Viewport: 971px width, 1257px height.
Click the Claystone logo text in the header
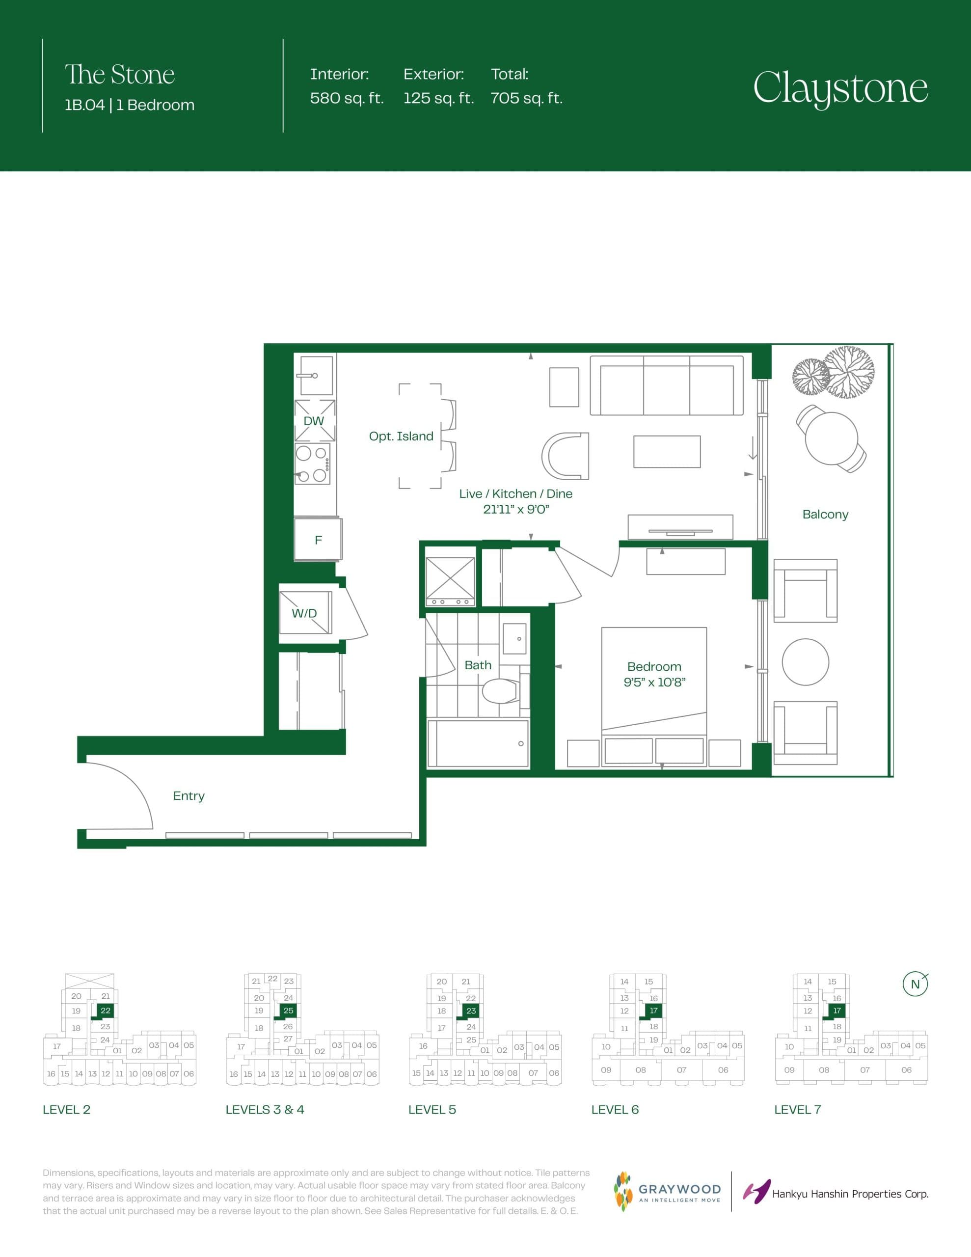pos(840,88)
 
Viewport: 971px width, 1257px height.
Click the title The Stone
pos(119,75)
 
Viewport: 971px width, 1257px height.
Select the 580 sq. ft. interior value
pos(347,98)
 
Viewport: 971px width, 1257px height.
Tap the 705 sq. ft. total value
pos(526,98)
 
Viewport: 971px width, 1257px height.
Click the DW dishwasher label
pos(314,421)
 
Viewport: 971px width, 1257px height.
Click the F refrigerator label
pos(318,540)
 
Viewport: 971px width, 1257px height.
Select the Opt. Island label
pos(401,436)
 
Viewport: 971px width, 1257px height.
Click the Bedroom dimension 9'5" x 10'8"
pos(654,682)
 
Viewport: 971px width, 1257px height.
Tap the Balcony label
pos(825,515)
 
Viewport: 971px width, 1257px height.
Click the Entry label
pos(189,795)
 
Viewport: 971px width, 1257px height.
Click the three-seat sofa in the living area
pos(667,385)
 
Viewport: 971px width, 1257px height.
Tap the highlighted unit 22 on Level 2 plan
pos(106,1011)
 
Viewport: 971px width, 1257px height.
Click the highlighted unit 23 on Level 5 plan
pos(471,1011)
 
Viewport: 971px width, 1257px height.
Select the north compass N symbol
pos(915,984)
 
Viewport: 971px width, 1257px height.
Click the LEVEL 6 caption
pos(615,1110)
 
